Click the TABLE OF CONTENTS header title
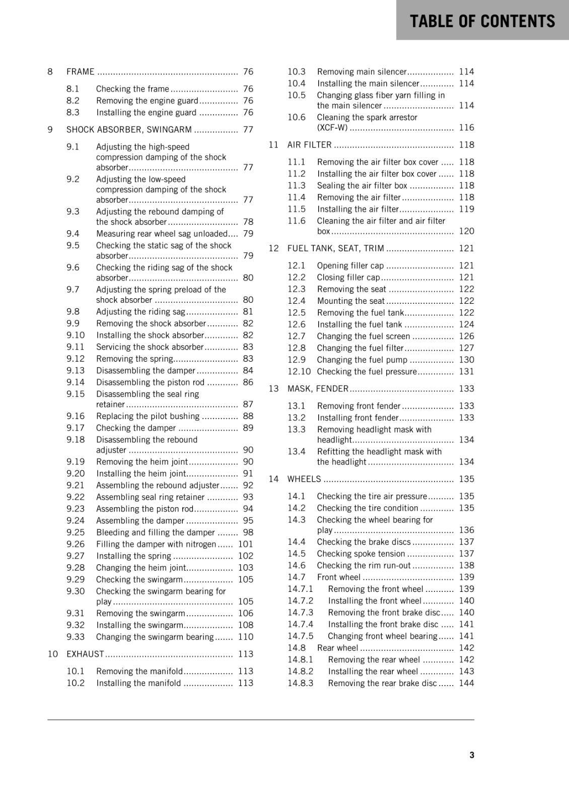482,21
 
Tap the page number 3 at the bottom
472,755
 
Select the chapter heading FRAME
81,72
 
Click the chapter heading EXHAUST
85,654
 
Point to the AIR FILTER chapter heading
309,145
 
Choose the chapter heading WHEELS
304,479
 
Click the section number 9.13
76,370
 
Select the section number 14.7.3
300,613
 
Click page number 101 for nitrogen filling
246,544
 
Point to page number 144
466,683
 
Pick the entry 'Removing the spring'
134,359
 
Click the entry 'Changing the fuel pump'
362,360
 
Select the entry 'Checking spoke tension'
361,554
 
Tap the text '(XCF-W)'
332,127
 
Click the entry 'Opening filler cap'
350,265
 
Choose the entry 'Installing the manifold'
138,683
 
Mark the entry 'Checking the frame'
132,89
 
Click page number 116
466,127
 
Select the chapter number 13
273,388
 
